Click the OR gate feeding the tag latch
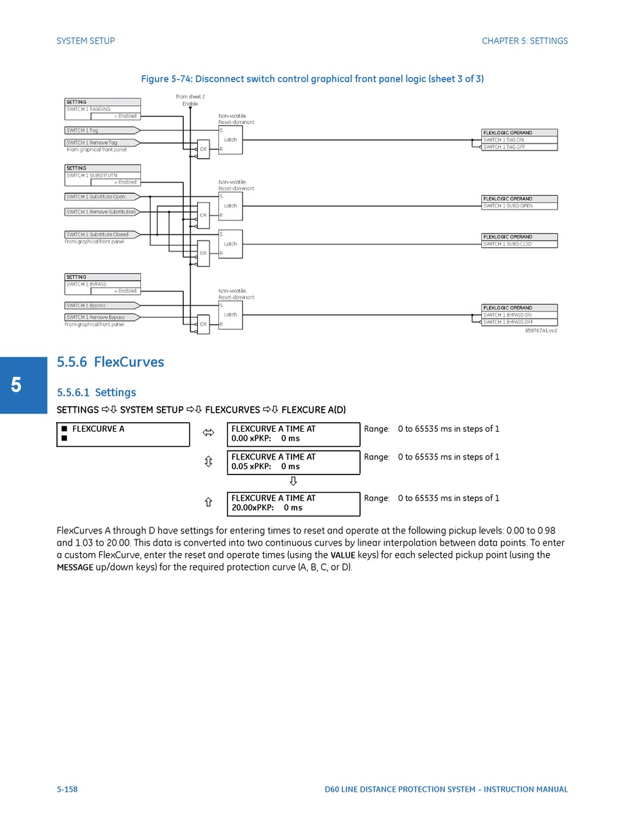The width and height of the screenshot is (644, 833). pyautogui.click(x=203, y=149)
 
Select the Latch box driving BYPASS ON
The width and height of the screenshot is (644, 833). pyautogui.click(x=230, y=315)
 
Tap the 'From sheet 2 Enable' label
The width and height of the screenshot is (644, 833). pyautogui.click(x=190, y=100)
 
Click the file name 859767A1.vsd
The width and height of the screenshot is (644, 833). pyautogui.click(x=540, y=331)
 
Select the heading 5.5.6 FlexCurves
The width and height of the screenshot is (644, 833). pyautogui.click(x=110, y=362)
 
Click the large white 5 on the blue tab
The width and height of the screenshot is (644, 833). pyautogui.click(x=16, y=385)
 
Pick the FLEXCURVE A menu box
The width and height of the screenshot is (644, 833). pyautogui.click(x=123, y=434)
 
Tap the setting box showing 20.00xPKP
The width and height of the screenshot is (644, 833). pyautogui.click(x=293, y=503)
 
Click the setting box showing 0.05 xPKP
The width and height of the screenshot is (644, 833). pyautogui.click(x=293, y=462)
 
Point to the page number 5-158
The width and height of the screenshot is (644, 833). pyautogui.click(x=67, y=789)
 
